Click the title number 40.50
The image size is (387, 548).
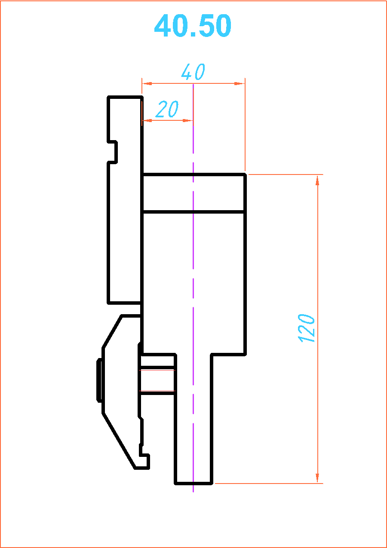(x=192, y=25)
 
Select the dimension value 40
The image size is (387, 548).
(x=193, y=72)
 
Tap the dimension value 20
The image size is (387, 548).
(x=167, y=109)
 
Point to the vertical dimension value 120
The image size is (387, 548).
(x=306, y=328)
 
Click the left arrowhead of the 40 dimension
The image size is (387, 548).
(x=147, y=84)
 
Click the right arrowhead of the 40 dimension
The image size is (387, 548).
(x=239, y=84)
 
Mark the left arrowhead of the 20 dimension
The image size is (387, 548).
(x=147, y=121)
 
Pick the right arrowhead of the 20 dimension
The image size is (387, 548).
(x=187, y=121)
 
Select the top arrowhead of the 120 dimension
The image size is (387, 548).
(x=317, y=181)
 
